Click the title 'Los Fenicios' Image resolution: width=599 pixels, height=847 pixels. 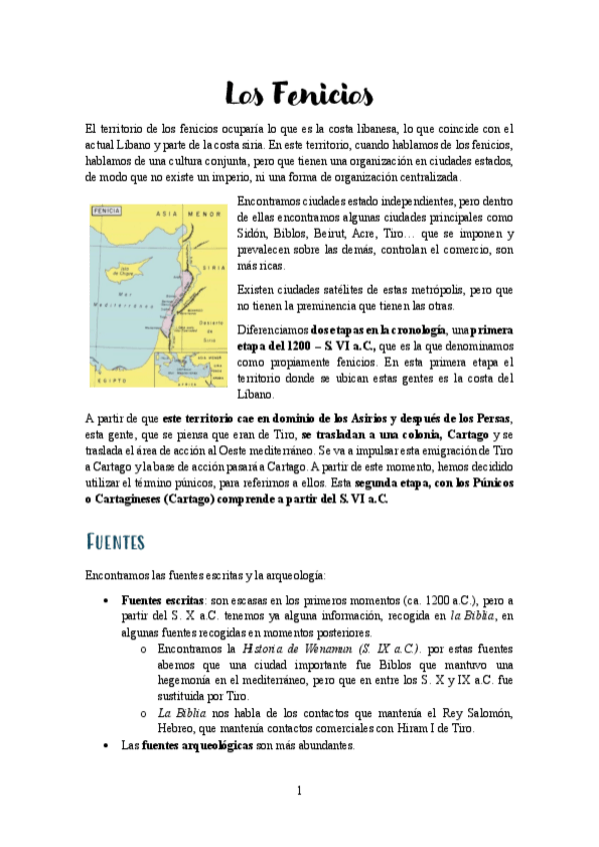pos(299,94)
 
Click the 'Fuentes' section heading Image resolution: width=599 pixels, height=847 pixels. pos(117,540)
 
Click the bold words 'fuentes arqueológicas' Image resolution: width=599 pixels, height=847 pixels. pos(199,745)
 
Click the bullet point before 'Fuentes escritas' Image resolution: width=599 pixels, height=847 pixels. pos(107,601)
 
